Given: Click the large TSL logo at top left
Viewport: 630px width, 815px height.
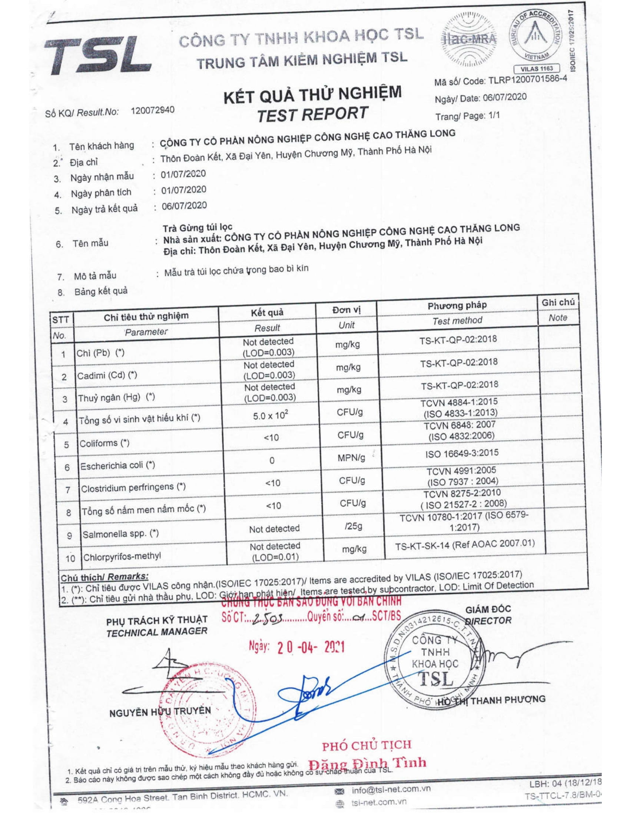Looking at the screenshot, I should pos(98,56).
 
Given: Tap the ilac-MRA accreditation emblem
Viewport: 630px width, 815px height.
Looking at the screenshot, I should pos(469,39).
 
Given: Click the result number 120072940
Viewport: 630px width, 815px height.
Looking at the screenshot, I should pos(153,110).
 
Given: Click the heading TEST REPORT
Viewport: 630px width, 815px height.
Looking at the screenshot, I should pos(312,114).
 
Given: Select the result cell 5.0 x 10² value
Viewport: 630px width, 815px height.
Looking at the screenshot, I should pos(271,415).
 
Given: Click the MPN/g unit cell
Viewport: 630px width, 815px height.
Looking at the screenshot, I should pos(351,458).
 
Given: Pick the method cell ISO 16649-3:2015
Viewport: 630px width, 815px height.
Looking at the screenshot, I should pos(461,453).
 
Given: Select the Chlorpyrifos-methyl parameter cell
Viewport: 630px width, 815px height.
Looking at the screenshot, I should pos(122,557).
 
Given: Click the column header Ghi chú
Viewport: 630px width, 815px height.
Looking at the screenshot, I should pos(558,302).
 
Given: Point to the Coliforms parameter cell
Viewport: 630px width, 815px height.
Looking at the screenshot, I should pos(105,443).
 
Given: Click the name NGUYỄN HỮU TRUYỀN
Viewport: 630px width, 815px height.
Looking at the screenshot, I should pos(160,712).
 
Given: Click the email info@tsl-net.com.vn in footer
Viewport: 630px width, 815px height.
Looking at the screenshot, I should pos(391,789).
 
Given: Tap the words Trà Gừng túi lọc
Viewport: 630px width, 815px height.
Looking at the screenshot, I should pos(198,227).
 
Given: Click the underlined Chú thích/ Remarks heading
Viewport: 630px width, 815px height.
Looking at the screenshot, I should pos(105,577).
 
